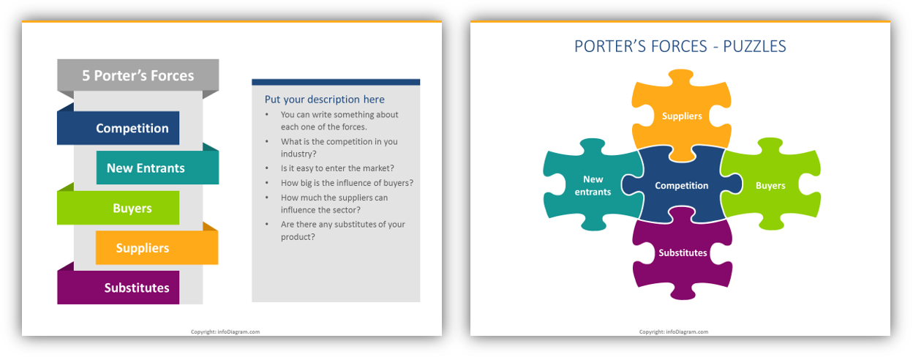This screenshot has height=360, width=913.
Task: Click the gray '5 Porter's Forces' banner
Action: coord(138,75)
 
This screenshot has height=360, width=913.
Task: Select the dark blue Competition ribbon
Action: coord(119,128)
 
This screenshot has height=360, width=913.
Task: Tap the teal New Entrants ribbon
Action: coord(157,168)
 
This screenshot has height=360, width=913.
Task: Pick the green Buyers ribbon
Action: coord(119,208)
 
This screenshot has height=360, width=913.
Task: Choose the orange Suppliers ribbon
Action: coord(157,247)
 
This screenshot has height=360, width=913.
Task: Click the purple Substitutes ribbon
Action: coord(119,288)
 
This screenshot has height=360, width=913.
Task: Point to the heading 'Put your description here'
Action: coord(324,100)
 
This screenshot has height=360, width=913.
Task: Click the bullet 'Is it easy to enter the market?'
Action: coord(337,168)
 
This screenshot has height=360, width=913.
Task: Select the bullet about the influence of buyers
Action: coord(347,183)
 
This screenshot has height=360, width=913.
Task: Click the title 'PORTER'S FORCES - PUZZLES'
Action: coord(680,47)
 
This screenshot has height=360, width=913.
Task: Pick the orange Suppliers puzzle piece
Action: coord(682,116)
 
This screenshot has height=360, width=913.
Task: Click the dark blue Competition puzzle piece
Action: coord(682,186)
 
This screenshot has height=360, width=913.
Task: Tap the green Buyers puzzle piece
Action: coord(770,186)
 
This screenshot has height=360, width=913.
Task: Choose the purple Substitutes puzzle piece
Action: coord(683,252)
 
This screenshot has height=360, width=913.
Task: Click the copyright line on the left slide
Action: coord(225,332)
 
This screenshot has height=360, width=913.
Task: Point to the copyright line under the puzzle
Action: coord(673,332)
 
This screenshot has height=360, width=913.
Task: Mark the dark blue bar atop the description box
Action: coord(336,82)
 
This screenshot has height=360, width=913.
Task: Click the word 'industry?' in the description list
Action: coord(298,154)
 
